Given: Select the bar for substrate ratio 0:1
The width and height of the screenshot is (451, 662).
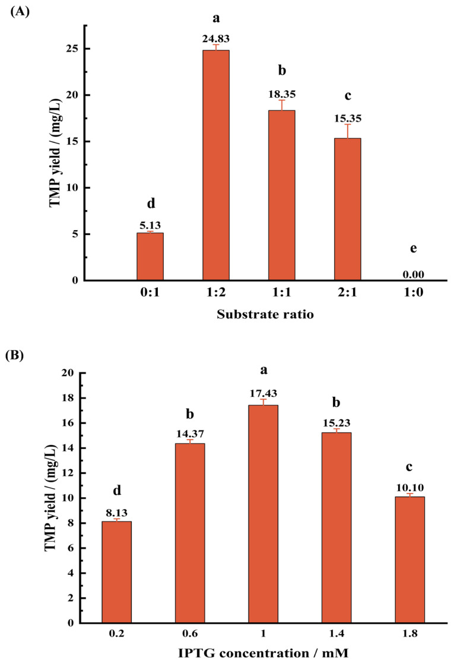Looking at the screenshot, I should (x=150, y=256).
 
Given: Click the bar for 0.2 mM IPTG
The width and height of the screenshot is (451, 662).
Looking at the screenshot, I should (x=117, y=572).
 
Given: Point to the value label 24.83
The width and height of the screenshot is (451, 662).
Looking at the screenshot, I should (x=216, y=39).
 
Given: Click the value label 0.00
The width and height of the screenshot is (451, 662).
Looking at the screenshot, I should (x=413, y=274).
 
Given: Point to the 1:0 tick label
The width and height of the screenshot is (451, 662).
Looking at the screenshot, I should (x=413, y=294).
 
